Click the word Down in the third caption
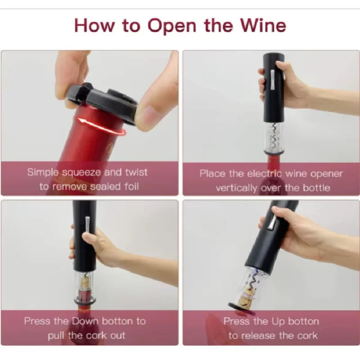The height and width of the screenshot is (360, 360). click(x=85, y=321)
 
